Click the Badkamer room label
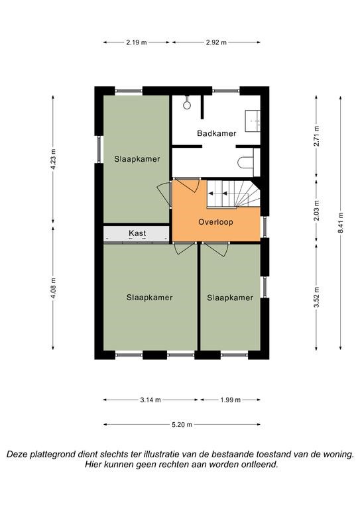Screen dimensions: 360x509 217,133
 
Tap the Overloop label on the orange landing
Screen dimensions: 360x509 215,222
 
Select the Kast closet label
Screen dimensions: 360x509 137,233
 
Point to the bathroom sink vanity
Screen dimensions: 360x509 253,121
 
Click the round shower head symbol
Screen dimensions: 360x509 187,105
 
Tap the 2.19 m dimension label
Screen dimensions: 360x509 137,42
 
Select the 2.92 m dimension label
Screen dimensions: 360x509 216,42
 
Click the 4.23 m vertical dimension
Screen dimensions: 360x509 53,159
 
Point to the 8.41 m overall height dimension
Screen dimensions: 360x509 341,223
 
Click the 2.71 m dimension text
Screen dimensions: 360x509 316,136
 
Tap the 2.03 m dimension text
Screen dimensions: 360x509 316,210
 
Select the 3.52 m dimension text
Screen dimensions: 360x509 316,297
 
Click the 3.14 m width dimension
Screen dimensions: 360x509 150,400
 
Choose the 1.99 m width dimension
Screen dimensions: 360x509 231,400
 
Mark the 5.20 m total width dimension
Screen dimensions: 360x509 182,424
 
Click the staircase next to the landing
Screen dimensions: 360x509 234,194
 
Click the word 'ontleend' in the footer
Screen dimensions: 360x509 261,465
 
